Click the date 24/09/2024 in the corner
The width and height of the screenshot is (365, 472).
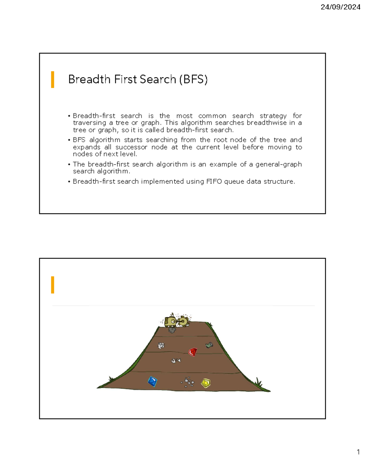click(340, 7)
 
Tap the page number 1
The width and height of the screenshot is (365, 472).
click(358, 452)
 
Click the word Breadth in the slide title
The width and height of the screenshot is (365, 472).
click(89, 79)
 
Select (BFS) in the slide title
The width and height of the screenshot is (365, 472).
click(193, 79)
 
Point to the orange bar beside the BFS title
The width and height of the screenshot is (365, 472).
click(53, 79)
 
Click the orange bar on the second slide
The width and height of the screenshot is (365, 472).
click(53, 285)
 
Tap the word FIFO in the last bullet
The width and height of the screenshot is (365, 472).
click(214, 181)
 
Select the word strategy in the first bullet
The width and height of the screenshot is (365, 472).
click(273, 116)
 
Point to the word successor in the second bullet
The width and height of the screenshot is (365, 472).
click(131, 147)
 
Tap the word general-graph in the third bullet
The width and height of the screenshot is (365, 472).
click(278, 164)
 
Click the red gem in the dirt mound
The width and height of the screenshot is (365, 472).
click(193, 352)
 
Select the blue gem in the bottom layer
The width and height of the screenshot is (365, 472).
click(152, 381)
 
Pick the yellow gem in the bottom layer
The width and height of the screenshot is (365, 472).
click(206, 383)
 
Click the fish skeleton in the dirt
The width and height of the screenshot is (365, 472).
click(176, 360)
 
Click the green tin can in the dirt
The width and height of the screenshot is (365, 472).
click(209, 345)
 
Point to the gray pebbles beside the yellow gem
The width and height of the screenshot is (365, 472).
click(188, 382)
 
